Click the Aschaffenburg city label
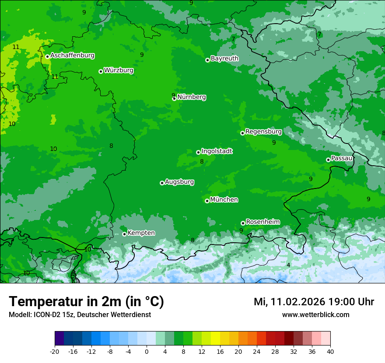click(72, 56)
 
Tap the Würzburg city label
click(119, 70)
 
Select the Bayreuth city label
click(224, 59)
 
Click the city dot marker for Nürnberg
click(174, 99)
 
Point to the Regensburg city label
click(263, 132)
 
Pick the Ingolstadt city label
click(217, 151)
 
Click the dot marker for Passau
click(328, 160)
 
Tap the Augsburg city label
click(179, 182)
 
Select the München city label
click(224, 200)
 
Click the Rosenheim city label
click(262, 222)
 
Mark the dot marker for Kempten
click(124, 234)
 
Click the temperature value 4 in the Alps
click(288, 265)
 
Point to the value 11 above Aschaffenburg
click(16, 47)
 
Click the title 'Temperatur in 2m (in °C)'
click(86, 302)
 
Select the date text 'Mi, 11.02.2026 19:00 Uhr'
click(314, 302)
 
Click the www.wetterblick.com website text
click(315, 315)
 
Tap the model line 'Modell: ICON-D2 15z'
click(80, 315)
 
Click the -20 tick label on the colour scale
click(55, 351)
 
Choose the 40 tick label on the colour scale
click(330, 351)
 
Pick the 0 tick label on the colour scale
click(147, 351)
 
